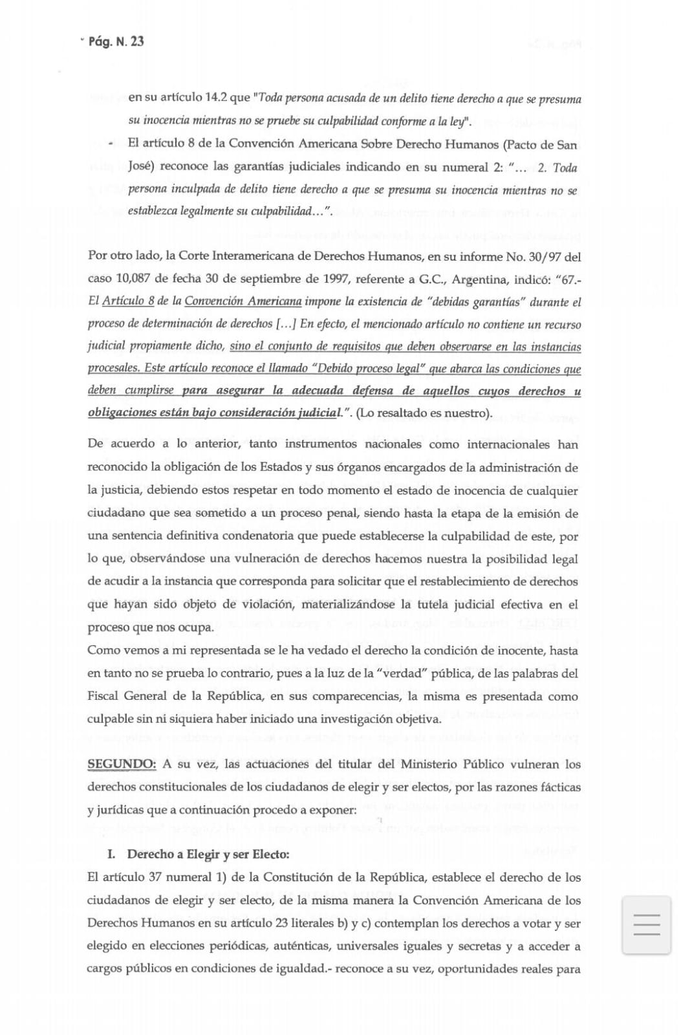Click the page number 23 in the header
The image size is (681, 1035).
136,42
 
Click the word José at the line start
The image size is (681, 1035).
140,167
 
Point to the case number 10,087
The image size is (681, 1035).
132,279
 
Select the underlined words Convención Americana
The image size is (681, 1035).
243,301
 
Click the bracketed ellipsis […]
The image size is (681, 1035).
286,324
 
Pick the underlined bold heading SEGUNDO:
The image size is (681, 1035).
122,764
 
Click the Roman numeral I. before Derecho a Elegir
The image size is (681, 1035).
111,854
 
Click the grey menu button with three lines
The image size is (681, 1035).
646,924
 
